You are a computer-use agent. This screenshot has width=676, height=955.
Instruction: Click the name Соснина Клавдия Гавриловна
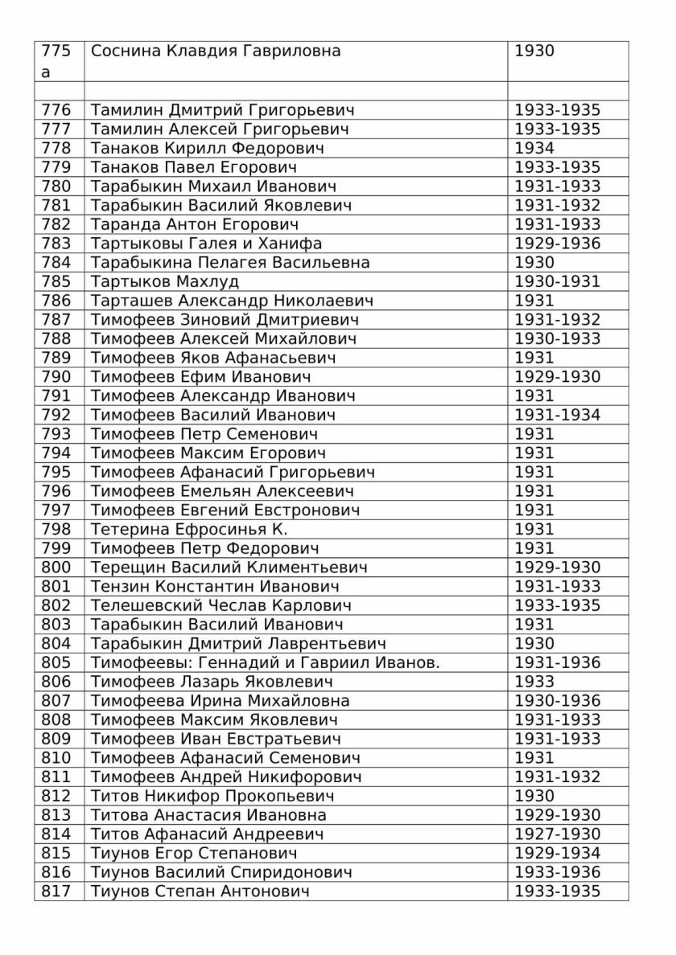coord(216,51)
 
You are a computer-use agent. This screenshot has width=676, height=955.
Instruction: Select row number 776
coord(56,110)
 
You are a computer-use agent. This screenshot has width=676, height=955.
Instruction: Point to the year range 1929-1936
coord(558,244)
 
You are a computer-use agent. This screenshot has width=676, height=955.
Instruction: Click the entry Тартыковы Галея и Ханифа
coord(207,244)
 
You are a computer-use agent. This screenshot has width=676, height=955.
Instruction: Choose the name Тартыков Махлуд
coord(165,281)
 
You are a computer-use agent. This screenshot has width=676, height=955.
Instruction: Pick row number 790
coord(56,377)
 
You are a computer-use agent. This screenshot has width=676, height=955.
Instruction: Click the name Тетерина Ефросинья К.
coord(189,529)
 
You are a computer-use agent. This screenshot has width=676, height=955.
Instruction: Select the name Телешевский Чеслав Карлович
coord(221,605)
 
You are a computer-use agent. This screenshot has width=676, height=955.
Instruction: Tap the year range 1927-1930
coord(558,834)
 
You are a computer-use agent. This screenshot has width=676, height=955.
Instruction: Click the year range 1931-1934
coord(558,415)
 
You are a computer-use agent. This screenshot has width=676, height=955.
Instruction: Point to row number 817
coord(56,891)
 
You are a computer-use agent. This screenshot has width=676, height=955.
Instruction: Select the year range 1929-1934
coord(558,853)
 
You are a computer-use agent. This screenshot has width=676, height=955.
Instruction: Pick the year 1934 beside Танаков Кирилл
coord(534,148)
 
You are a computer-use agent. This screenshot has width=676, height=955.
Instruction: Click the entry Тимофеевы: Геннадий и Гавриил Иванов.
coord(266,662)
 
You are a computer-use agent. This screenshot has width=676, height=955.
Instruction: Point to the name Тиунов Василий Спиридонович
coord(222,872)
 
